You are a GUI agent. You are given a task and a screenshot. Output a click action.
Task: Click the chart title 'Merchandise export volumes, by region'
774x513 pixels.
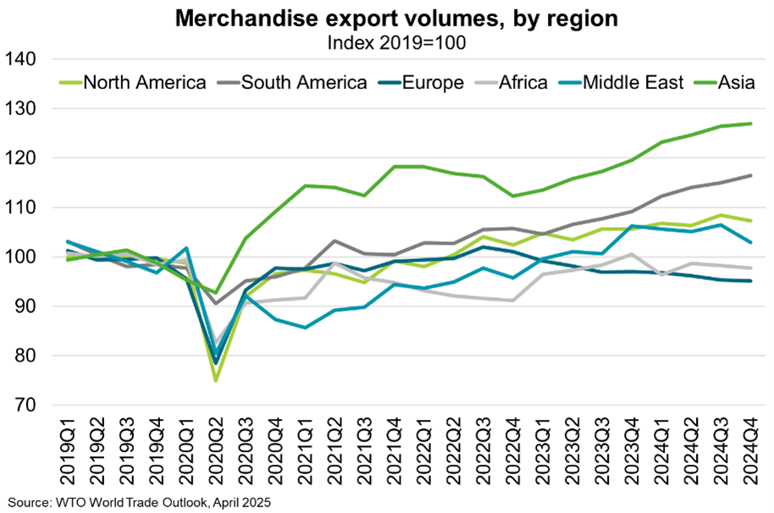tap(386, 17)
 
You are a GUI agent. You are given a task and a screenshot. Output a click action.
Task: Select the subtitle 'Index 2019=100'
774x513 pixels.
tap(386, 38)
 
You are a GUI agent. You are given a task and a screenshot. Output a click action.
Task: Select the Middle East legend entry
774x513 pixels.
tap(626, 82)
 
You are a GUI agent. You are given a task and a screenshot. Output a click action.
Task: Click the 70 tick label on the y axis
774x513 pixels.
tap(24, 405)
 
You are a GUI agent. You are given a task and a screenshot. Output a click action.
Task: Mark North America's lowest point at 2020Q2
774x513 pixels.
tap(216, 380)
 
